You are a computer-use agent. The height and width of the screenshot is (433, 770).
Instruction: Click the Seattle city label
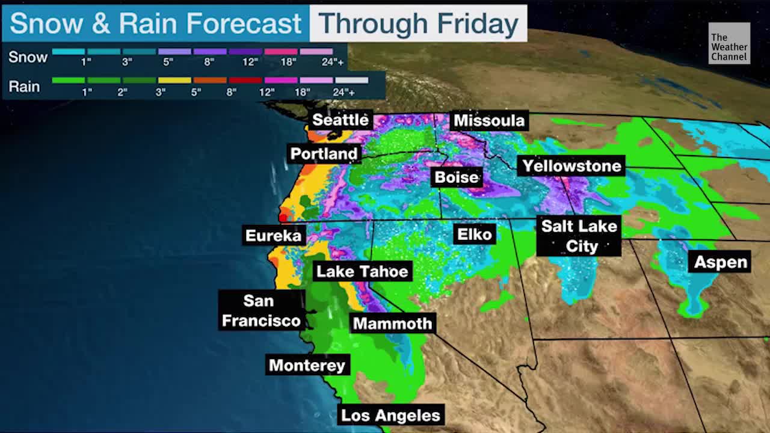point(340,120)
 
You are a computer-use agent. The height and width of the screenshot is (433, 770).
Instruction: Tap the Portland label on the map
point(324,154)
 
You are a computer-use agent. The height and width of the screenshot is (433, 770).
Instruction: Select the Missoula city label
point(488,120)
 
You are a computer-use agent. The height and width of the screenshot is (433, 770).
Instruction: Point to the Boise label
point(457,177)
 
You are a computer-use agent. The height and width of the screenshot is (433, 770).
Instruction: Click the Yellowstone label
point(571,166)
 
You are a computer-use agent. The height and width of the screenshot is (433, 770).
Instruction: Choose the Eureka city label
point(273,235)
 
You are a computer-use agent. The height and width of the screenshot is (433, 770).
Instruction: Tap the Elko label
point(475,234)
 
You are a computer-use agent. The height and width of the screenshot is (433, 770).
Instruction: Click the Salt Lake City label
point(579,236)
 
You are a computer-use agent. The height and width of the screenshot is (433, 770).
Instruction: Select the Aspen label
point(720,262)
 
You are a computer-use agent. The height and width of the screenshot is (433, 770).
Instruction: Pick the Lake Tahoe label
point(362,271)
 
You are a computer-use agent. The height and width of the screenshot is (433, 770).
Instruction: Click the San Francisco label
point(261,310)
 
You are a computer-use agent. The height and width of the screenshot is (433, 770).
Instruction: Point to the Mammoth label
point(392,324)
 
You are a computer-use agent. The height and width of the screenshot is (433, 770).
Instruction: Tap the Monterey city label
point(307,365)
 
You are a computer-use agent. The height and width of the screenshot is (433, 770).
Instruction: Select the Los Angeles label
point(391,415)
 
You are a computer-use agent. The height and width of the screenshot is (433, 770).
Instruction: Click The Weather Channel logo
point(729,44)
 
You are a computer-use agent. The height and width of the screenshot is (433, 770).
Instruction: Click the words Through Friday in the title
point(418,23)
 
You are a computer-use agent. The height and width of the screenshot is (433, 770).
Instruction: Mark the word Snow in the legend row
point(28,57)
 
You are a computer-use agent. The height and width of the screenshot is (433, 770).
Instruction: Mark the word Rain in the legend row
point(24,87)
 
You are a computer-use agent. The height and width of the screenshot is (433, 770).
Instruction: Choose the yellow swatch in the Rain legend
point(174,80)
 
